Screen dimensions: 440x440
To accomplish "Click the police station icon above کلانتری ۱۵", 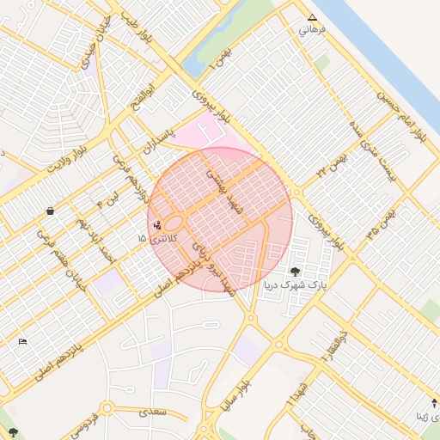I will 156,226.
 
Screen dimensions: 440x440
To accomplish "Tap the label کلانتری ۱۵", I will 155,238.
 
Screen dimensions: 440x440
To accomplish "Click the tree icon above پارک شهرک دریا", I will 295,272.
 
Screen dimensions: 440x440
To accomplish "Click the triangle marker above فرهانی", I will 312,17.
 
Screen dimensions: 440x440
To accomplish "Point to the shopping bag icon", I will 50,211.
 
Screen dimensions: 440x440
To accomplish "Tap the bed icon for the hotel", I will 22,342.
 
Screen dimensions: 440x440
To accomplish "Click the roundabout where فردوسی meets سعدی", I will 107,407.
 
